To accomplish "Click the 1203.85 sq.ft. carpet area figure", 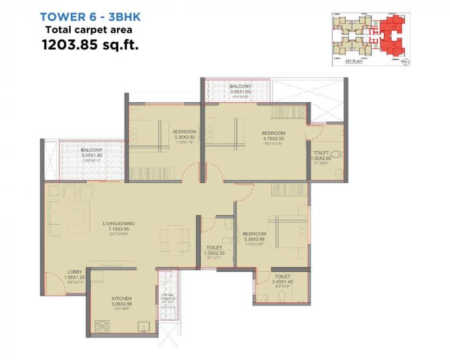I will (90, 46).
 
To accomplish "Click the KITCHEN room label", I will (122, 300).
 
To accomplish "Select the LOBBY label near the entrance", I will (75, 272).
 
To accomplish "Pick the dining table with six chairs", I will (169, 239).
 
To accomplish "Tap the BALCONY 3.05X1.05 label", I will (240, 86).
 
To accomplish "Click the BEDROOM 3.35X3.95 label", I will (254, 234).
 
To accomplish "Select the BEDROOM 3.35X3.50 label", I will (186, 132).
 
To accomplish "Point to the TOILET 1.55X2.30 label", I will (214, 248).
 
